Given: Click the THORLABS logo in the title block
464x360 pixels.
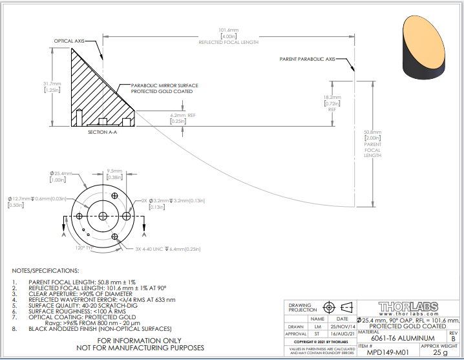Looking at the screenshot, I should tap(409, 307).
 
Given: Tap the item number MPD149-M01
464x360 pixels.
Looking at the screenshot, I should tap(386, 353).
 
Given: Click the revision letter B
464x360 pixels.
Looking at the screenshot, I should tap(452, 338).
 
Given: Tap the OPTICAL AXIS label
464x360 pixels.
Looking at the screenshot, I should tap(69, 41).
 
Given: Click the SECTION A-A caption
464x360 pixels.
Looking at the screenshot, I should tap(103, 132).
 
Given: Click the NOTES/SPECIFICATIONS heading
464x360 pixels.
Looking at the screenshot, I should tap(45, 270).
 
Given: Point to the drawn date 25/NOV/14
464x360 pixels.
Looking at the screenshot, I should tap(342, 326).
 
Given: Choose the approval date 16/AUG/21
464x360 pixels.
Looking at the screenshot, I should tap(342, 334).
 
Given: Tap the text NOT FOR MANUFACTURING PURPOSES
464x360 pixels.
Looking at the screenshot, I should tap(140, 348).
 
